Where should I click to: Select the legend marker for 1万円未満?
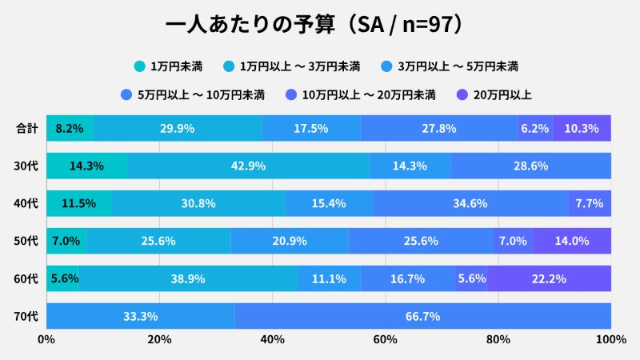[139, 66]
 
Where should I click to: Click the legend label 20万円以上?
[502, 94]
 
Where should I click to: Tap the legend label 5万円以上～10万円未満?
[201, 94]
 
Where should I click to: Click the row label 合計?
[27, 128]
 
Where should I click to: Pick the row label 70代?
[27, 316]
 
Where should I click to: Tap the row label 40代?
[27, 203]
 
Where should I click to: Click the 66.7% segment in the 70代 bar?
[422, 316]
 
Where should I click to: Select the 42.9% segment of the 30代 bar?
[248, 166]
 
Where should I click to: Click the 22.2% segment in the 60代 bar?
[549, 278]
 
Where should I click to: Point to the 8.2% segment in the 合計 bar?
[70, 128]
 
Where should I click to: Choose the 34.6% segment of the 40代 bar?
[470, 203]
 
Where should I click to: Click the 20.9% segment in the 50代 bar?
[290, 241]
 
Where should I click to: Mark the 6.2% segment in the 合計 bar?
[534, 128]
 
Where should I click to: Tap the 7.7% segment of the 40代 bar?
[590, 203]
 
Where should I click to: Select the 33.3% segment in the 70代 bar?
[140, 316]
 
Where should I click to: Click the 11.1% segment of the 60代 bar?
[329, 278]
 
